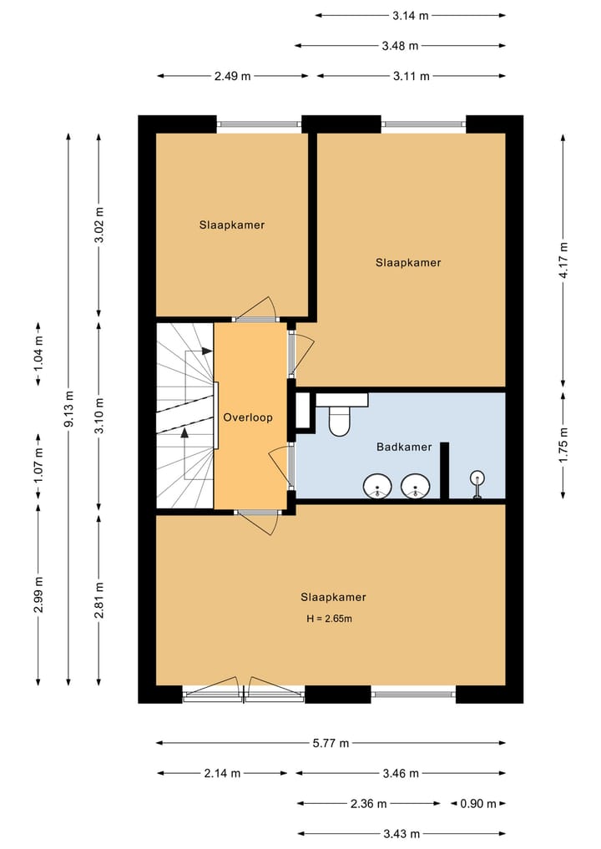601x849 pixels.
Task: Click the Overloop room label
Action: click(x=247, y=417)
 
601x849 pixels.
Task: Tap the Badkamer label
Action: click(x=404, y=447)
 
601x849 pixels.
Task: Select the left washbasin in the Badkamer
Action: click(x=378, y=486)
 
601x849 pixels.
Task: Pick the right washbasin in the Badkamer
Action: click(x=415, y=486)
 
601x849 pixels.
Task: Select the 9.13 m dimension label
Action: click(x=69, y=410)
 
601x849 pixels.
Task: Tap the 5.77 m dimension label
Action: click(x=331, y=742)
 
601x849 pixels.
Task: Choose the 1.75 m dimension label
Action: click(x=563, y=446)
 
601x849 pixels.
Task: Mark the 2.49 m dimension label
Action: click(x=232, y=76)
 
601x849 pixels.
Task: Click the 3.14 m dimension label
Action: click(x=411, y=15)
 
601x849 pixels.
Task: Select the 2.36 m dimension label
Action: click(x=368, y=803)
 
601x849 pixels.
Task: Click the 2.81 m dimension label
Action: click(x=98, y=600)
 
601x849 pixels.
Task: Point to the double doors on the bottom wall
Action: click(x=244, y=692)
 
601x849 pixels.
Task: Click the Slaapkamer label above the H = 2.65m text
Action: click(x=333, y=597)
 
